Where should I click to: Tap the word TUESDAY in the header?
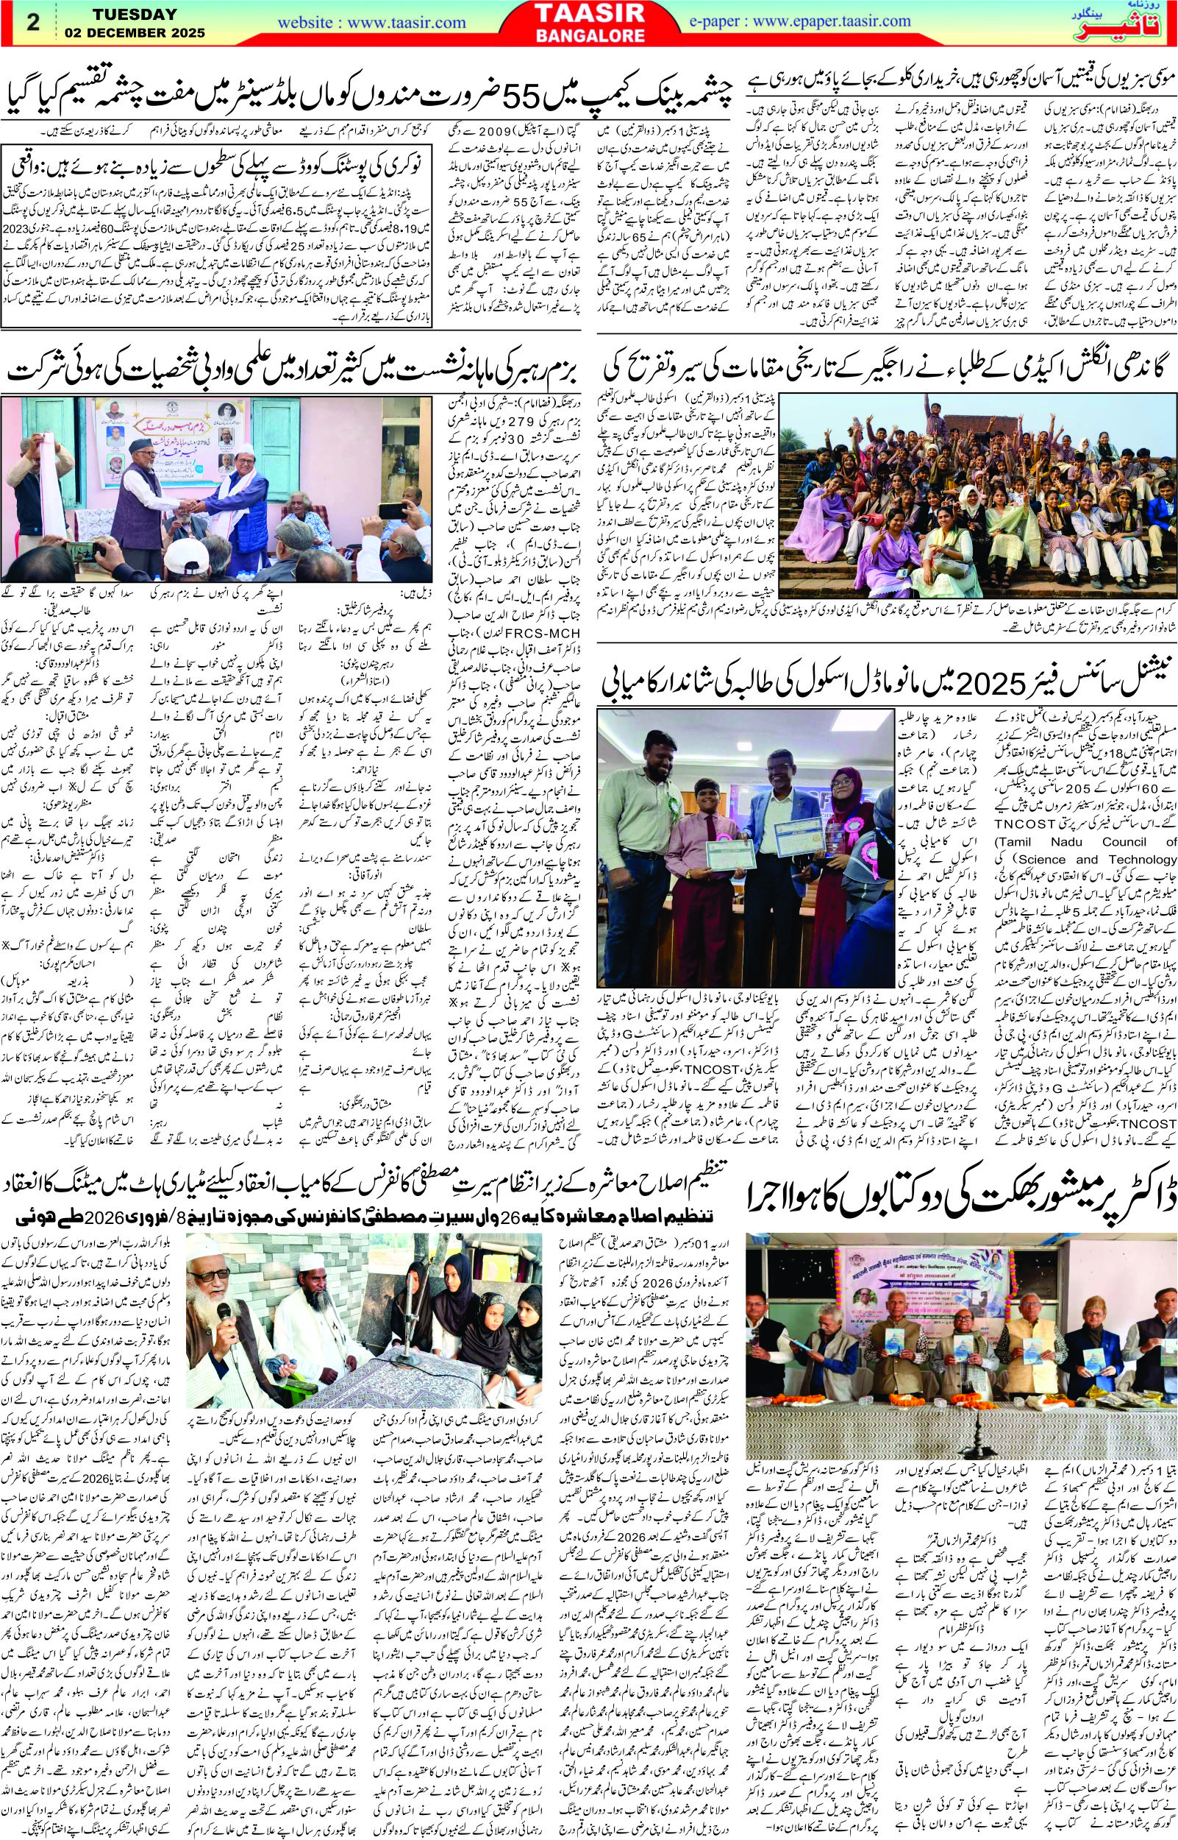[135, 15]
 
